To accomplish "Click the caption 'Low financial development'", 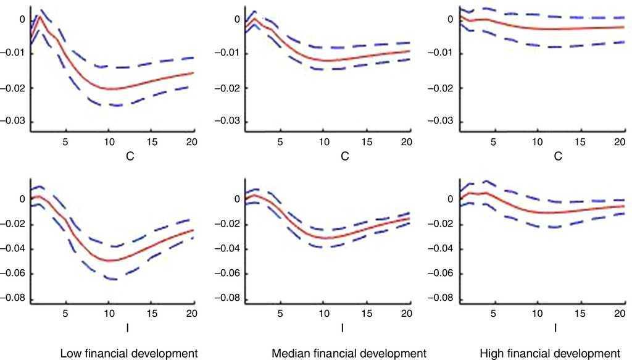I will tap(128, 354).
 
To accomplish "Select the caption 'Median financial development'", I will tap(349, 354).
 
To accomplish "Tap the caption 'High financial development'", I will tap(549, 354).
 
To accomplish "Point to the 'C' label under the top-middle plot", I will tap(344, 157).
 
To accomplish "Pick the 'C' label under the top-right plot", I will tap(557, 157).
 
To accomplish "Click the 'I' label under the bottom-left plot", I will tap(128, 329).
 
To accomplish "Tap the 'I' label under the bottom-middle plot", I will tap(342, 329).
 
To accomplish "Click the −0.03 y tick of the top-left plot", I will tap(14, 121).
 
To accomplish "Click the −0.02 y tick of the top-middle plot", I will tap(227, 87).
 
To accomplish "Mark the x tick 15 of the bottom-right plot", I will tap(577, 314).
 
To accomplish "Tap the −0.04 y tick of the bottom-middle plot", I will tap(227, 249).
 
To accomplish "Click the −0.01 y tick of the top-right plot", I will tap(440, 53).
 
